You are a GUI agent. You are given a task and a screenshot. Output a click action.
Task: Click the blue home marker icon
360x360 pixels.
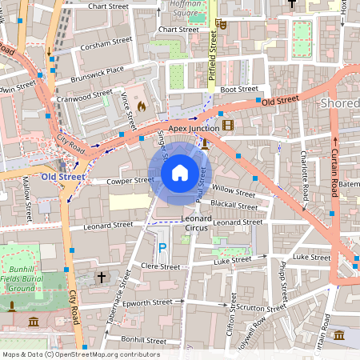pos(180,172)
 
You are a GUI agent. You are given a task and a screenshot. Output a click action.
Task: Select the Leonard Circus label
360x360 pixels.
pos(196,223)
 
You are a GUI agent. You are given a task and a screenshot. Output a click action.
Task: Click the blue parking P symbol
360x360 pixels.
pos(162,249)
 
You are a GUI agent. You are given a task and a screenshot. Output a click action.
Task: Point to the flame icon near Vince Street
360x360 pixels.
pos(142,106)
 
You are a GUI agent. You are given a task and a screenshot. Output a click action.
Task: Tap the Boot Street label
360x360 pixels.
pos(239,90)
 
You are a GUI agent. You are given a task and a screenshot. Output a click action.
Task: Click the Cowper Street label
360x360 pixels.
pos(130,181)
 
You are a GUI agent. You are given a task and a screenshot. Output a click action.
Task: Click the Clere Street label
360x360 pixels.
pos(160,265)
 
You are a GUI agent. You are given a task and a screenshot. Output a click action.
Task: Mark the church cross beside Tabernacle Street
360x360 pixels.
pos(101,277)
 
